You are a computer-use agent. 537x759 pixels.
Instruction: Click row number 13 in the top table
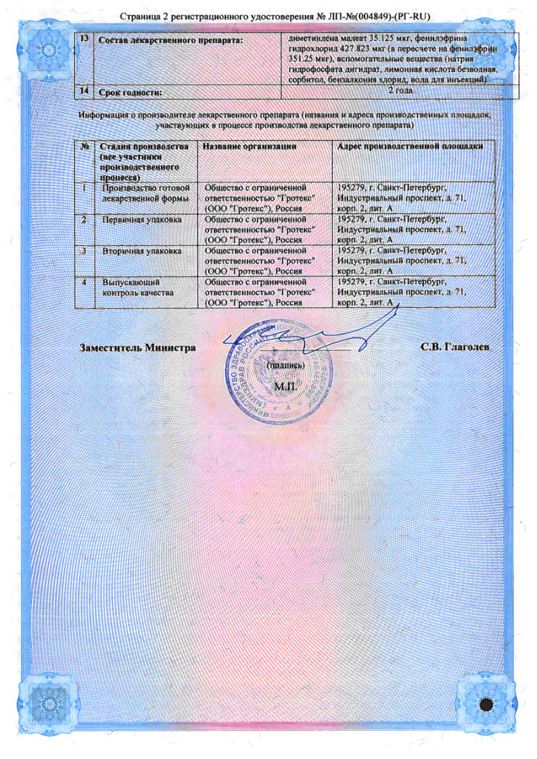(85, 39)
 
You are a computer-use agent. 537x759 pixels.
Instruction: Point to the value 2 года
(399, 90)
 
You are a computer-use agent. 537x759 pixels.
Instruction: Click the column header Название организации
(250, 146)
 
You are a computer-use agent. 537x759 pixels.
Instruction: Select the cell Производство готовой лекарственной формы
(145, 193)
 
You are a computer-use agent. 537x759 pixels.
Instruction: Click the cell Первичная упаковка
(141, 220)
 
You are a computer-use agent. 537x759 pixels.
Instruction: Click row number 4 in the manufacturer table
(85, 282)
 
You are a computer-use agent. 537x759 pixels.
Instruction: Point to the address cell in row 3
(401, 260)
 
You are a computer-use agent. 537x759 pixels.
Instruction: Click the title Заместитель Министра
(138, 347)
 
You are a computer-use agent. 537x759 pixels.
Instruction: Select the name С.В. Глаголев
(454, 347)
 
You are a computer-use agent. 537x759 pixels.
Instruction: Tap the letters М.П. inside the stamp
(285, 387)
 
